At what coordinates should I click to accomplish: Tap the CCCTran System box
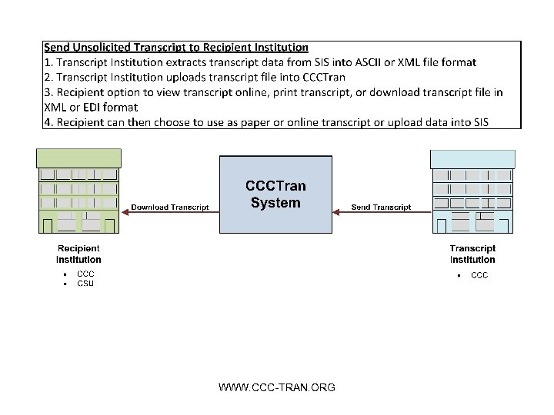pyautogui.click(x=275, y=194)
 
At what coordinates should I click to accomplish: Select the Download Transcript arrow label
pyautogui.click(x=170, y=207)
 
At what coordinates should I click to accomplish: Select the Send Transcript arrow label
pyautogui.click(x=381, y=207)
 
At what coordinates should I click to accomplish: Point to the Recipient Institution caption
pyautogui.click(x=78, y=254)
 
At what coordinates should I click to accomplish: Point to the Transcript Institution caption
pyautogui.click(x=472, y=254)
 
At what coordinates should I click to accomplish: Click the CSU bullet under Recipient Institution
pyautogui.click(x=85, y=284)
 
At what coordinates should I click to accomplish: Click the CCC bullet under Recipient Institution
pyautogui.click(x=85, y=274)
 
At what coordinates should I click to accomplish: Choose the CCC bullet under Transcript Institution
pyautogui.click(x=479, y=275)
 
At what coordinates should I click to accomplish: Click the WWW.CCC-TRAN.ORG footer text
pyautogui.click(x=277, y=387)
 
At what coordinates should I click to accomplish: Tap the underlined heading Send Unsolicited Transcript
pyautogui.click(x=176, y=48)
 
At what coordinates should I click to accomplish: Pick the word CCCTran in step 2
pyautogui.click(x=324, y=77)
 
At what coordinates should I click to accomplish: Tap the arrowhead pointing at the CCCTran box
pyautogui.click(x=335, y=213)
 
